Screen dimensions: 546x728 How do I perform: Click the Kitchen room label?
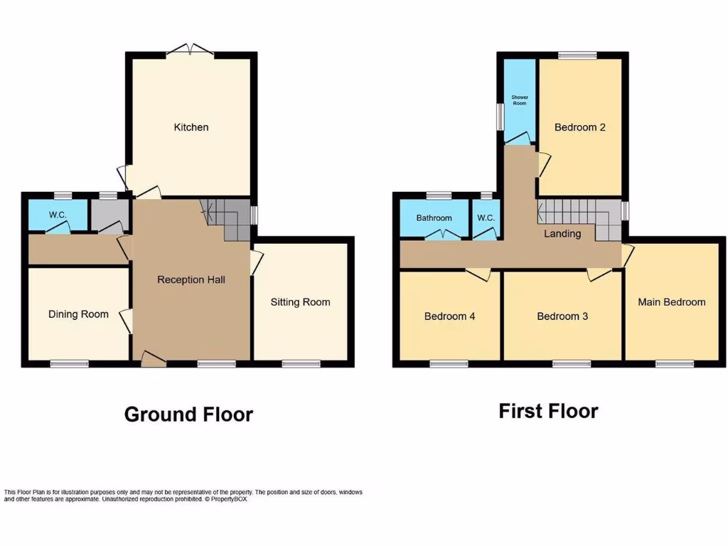coord(191,127)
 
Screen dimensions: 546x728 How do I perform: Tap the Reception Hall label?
coord(191,279)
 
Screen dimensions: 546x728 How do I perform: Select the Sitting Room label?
coord(300,302)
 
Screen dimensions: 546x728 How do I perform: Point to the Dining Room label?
coord(78,314)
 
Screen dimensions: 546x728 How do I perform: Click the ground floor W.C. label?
coord(58,215)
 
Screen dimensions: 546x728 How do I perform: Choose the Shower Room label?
coord(519,100)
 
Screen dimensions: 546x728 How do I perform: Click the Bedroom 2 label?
coord(580,127)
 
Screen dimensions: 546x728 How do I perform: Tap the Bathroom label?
coord(434,218)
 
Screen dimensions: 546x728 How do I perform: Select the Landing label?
coord(562,233)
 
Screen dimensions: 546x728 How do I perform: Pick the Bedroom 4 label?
coord(449,316)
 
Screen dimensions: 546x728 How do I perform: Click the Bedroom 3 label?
coord(562,316)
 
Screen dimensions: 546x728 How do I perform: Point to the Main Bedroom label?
coord(671,302)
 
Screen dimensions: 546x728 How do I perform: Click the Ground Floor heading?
coord(188,414)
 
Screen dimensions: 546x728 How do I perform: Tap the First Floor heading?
coord(548,411)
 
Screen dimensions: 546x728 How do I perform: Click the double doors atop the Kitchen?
coord(191,50)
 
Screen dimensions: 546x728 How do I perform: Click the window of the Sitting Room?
coord(301,364)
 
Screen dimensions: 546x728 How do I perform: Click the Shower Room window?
coord(500,117)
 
